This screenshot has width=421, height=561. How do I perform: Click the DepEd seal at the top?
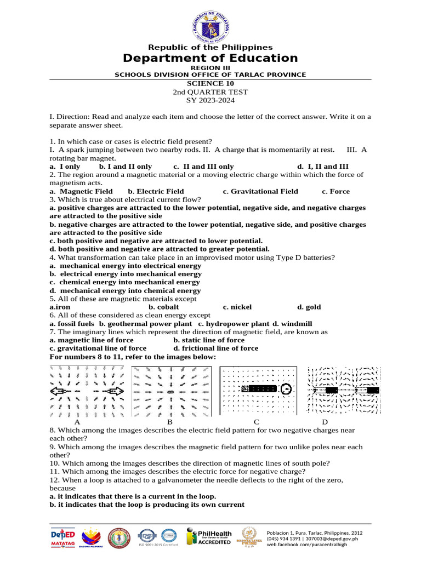[210, 24]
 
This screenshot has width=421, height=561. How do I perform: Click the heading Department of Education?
[210, 59]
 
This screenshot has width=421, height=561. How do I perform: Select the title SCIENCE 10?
[210, 84]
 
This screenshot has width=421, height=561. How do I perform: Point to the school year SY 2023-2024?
[210, 100]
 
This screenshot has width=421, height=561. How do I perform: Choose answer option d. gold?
[309, 307]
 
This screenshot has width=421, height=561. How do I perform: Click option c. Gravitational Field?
[260, 191]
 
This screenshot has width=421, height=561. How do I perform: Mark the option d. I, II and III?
[323, 167]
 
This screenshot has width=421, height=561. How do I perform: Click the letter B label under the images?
[170, 422]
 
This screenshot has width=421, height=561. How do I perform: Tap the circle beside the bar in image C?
[285, 390]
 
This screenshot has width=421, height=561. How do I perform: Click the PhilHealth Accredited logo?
[209, 536]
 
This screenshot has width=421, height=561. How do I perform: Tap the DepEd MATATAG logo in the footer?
[62, 536]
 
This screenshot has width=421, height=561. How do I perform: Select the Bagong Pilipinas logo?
[91, 537]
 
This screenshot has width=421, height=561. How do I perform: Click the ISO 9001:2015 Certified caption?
[158, 545]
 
